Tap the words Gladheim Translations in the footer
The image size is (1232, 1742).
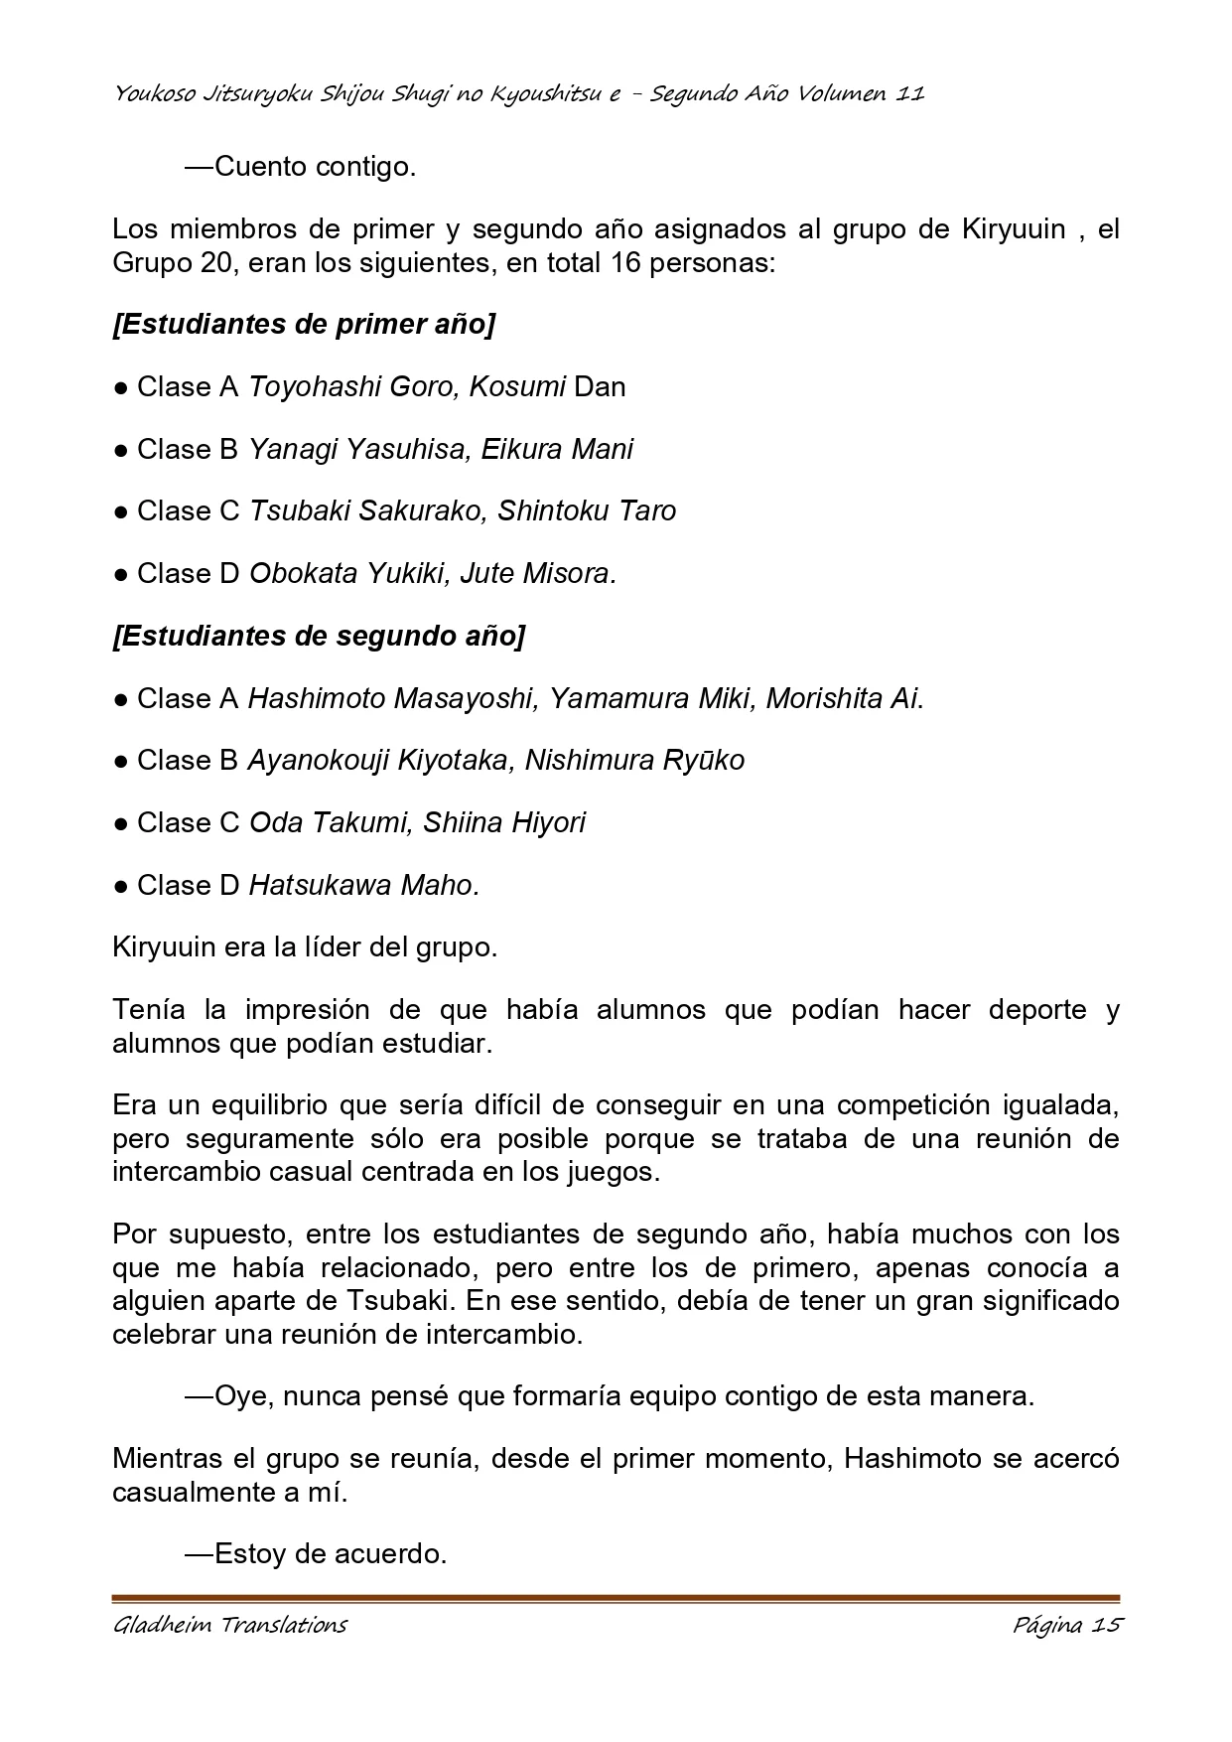230,1625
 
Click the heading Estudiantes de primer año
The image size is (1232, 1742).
304,325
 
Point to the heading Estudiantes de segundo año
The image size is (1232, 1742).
319,636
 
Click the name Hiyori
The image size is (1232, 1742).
548,822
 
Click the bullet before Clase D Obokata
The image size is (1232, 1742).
120,574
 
